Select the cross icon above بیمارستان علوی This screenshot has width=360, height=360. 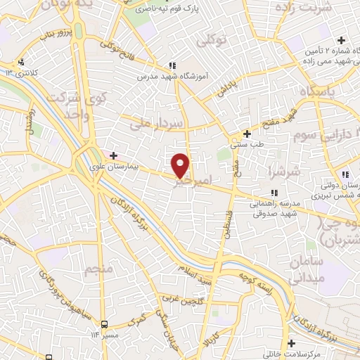(x=113, y=155)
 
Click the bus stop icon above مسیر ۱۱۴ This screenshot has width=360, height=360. (x=104, y=324)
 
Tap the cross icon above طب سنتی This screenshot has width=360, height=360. (x=247, y=134)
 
